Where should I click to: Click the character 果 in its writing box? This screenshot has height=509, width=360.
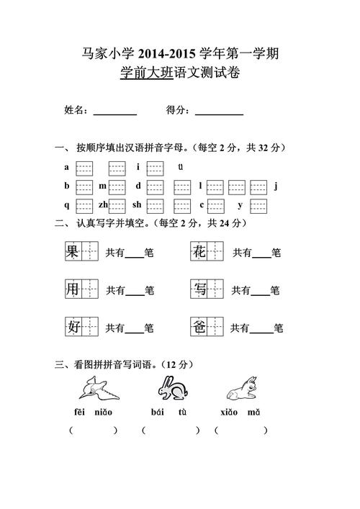coord(72,252)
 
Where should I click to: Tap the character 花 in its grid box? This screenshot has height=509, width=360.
coord(199,252)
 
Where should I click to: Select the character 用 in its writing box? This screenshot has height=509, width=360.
coord(72,289)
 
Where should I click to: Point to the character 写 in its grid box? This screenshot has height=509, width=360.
coord(199,289)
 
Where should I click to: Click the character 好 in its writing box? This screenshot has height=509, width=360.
coord(72,328)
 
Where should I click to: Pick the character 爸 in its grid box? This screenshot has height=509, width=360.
coord(199,328)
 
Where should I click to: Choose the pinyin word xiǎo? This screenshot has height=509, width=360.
coord(229,413)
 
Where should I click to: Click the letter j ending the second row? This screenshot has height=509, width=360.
coord(276,186)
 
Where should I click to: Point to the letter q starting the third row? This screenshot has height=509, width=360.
coord(67,205)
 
